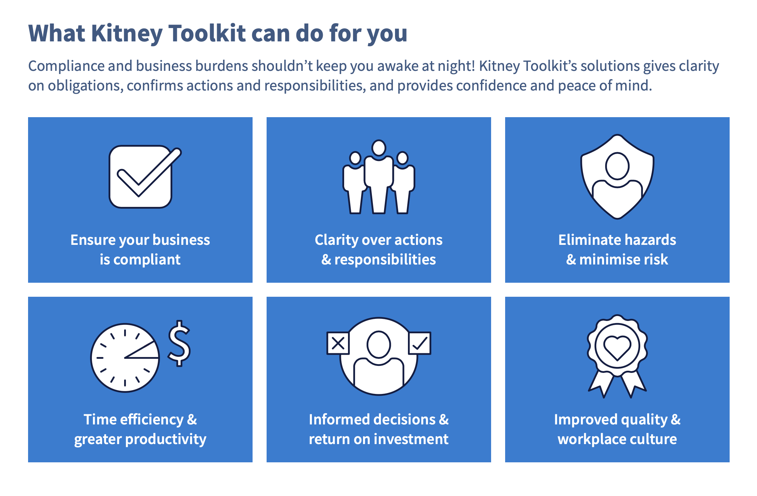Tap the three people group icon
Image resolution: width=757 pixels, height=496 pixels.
[x=379, y=177]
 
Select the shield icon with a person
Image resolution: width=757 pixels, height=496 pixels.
[x=617, y=177]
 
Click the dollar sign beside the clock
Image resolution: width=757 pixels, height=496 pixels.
[x=179, y=343]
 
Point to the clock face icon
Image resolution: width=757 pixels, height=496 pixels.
[x=125, y=358]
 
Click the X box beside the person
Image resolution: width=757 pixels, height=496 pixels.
[x=338, y=343]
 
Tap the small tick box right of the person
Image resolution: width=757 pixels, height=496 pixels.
[x=420, y=343]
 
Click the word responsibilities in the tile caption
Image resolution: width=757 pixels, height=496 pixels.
[x=385, y=260]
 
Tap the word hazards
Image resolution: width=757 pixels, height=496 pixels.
[x=650, y=240]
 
